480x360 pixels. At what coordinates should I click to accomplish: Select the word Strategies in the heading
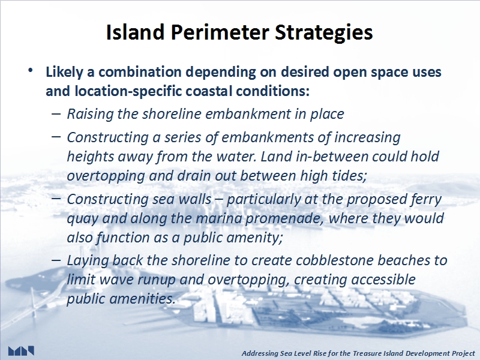tap(324, 33)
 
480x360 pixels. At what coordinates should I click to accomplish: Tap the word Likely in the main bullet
tap(64, 72)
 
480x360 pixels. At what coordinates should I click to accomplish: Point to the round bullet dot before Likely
tap(30, 71)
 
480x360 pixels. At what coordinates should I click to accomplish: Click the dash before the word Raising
tap(56, 113)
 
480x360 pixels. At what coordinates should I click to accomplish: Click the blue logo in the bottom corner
tap(21, 351)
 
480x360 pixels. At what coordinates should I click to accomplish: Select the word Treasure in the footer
tap(364, 353)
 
